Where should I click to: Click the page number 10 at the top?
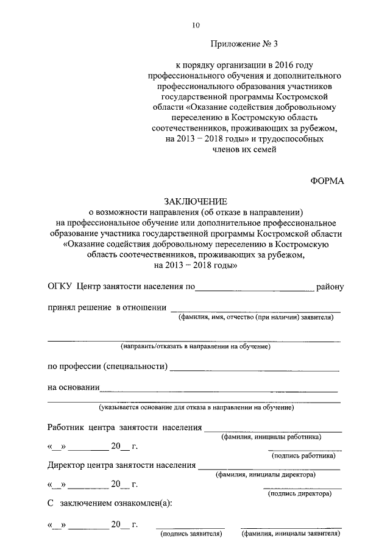[x=196, y=25]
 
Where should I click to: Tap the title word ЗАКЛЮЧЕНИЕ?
[x=195, y=201]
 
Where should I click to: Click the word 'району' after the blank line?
[x=330, y=286]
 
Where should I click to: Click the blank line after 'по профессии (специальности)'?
[x=256, y=370]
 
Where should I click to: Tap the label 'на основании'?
[x=73, y=387]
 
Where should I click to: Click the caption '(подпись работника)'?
[x=302, y=455]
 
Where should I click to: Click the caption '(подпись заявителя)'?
[x=190, y=534]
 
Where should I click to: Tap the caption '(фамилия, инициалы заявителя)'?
[x=290, y=534]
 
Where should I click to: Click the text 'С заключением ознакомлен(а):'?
[x=110, y=503]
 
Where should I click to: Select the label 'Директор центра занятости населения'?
[x=121, y=466]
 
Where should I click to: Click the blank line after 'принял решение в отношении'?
[x=255, y=310]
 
